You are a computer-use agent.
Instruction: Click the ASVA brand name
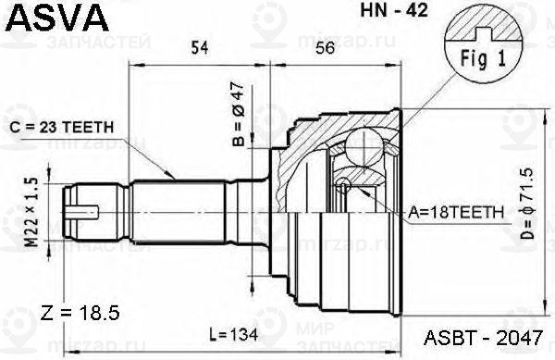[55, 18]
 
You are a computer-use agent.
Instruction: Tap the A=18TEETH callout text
[455, 212]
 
